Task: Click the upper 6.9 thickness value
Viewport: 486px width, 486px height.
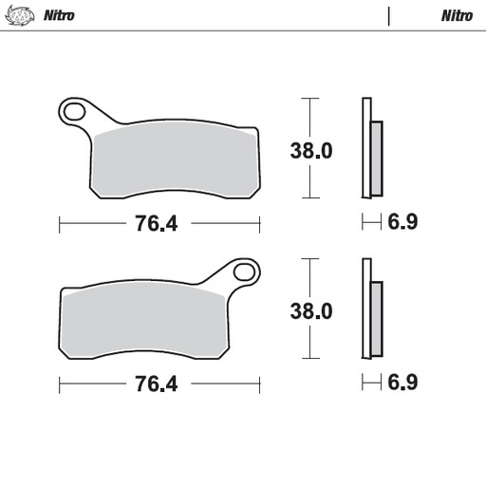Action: pyautogui.click(x=402, y=223)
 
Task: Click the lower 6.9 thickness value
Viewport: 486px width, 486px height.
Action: pyautogui.click(x=402, y=383)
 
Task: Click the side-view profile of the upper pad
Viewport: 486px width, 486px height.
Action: pyautogui.click(x=370, y=150)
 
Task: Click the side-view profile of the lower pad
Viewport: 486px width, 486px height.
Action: pyautogui.click(x=370, y=310)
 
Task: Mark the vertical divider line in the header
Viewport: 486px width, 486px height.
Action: pyautogui.click(x=389, y=16)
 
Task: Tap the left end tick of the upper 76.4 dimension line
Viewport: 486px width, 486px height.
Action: pyautogui.click(x=60, y=224)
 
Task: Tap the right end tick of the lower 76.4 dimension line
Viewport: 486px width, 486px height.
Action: pyautogui.click(x=259, y=384)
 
